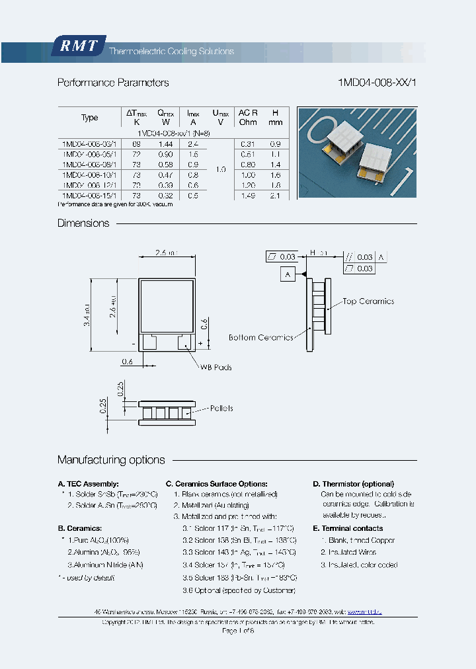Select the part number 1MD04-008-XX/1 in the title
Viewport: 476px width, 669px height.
(377, 83)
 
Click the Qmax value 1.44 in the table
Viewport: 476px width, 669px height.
(165, 143)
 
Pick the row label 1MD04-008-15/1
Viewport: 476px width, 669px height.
(89, 196)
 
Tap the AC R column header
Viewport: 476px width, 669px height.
(248, 117)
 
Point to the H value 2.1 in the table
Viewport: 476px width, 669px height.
(276, 196)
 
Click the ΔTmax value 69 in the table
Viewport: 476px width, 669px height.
(137, 143)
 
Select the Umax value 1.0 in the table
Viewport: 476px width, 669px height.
(220, 170)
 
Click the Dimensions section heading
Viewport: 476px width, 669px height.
(83, 223)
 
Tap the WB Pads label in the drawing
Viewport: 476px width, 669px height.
(216, 368)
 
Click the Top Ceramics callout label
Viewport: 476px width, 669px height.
(368, 301)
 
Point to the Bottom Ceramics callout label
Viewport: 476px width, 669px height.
(260, 338)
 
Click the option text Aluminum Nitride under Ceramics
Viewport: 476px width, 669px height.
(105, 565)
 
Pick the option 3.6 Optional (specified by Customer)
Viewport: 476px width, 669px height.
(239, 590)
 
